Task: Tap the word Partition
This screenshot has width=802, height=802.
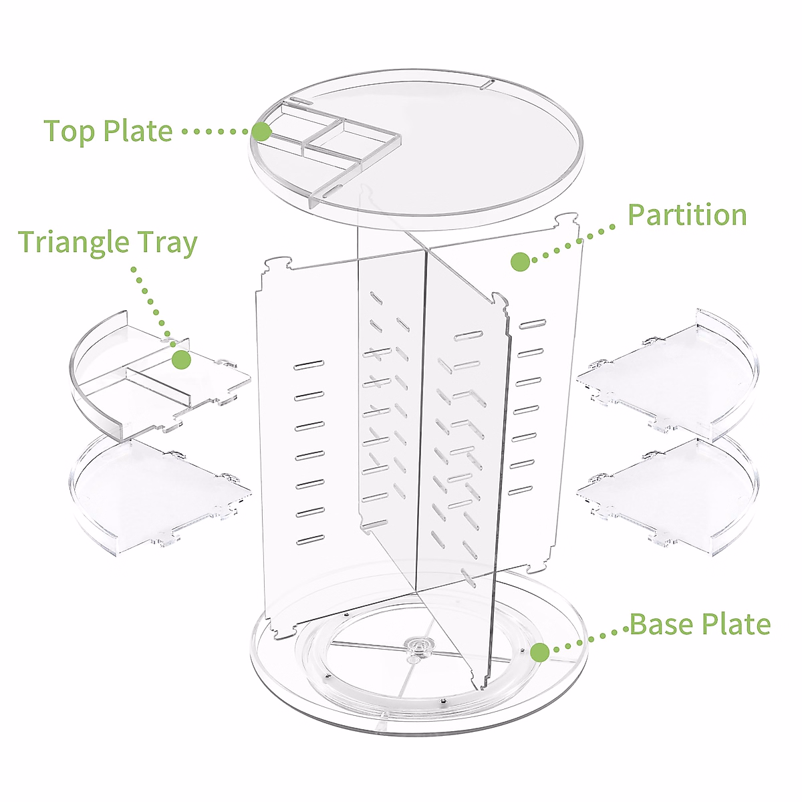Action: [687, 215]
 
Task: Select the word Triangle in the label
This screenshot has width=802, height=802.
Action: [74, 243]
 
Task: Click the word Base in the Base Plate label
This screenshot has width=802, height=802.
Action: [662, 624]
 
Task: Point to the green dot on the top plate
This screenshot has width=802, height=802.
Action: [262, 132]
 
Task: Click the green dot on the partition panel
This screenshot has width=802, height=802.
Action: [521, 262]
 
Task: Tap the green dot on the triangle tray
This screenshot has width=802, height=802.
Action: [181, 360]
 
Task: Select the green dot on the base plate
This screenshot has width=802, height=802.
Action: [540, 652]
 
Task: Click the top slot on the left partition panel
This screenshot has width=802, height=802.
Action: [309, 365]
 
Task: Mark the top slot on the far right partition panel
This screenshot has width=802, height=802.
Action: [530, 325]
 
